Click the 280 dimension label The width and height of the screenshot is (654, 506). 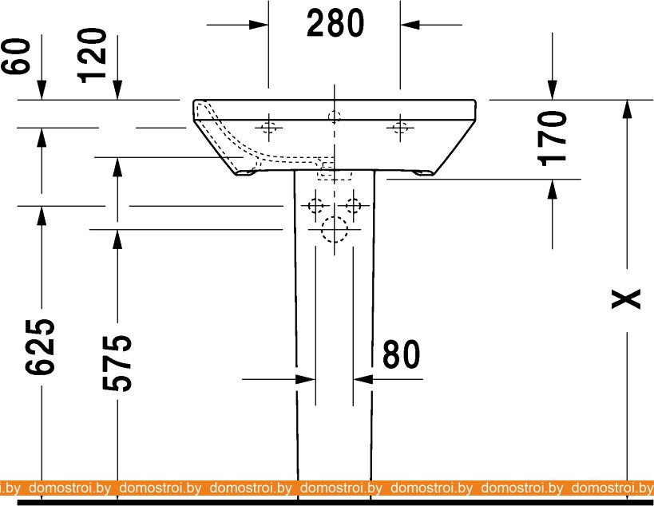coord(335,23)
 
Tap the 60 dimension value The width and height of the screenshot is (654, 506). coord(17,57)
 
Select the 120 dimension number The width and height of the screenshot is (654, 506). coord(93,55)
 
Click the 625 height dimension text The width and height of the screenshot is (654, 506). coord(40,347)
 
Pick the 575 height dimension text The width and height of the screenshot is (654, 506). coord(117,362)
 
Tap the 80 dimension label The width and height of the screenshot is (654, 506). coord(401,354)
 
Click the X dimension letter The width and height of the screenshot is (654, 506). coord(625,298)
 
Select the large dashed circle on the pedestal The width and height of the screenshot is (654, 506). coord(335,229)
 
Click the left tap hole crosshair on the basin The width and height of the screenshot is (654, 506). coord(269,127)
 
